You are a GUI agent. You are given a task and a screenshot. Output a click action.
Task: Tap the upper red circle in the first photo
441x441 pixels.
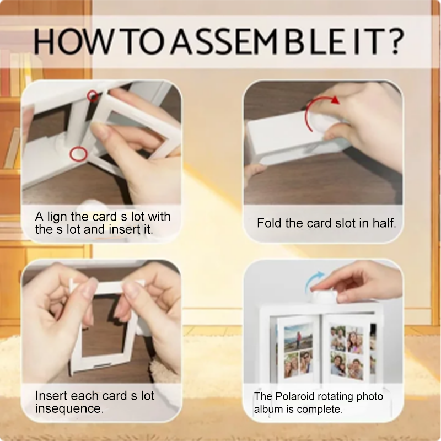93,96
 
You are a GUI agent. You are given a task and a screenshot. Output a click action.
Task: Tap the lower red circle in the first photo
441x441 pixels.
78,154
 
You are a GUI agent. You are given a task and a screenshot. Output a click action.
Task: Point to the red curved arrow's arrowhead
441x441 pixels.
335,100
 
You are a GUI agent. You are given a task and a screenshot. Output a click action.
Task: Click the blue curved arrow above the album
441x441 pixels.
313,281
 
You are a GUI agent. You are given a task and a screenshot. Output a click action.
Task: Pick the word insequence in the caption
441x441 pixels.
69,408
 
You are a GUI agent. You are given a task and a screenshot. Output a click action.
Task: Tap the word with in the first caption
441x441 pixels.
159,217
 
